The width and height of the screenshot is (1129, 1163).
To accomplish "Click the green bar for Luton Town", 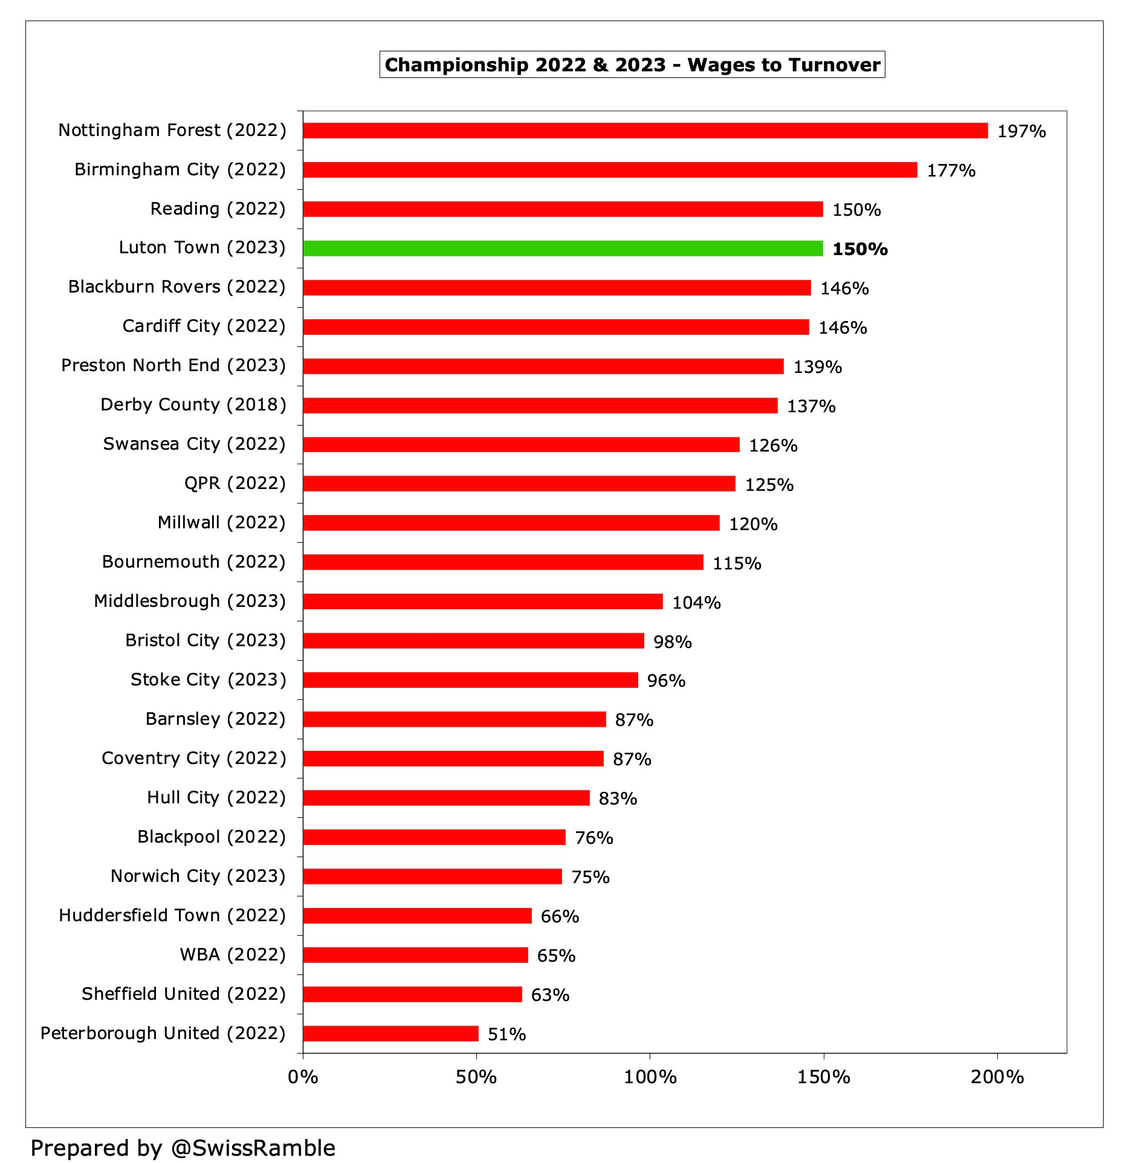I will tap(562, 248).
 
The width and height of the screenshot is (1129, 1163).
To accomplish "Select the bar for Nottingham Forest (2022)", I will tap(645, 131).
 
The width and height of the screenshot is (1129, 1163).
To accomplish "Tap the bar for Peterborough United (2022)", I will tap(390, 1034).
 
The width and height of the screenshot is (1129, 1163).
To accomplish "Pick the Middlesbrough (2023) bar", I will tap(482, 601).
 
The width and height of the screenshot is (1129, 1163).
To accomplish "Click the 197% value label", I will tap(1021, 131).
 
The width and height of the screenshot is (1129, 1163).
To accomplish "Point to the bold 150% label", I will tap(859, 249).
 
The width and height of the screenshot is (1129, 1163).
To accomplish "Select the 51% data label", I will tap(506, 1034).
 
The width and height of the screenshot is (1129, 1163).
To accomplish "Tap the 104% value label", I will tap(696, 603).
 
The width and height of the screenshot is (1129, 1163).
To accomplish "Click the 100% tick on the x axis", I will tap(650, 1077).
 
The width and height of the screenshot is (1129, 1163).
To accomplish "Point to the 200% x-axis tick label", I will tap(997, 1077).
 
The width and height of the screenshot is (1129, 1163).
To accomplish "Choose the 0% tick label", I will tap(303, 1077).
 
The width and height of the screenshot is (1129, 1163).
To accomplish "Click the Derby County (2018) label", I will tap(193, 404).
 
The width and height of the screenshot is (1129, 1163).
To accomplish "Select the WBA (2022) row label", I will tap(233, 954).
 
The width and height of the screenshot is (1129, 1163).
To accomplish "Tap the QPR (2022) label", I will tap(235, 483).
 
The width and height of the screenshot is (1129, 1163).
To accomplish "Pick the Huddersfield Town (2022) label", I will tap(172, 915).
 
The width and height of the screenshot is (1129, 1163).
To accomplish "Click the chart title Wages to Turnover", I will tap(632, 65).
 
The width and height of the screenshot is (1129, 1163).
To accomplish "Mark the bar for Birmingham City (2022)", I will tap(610, 170).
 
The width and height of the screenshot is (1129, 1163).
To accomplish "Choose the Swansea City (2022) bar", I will tap(521, 444).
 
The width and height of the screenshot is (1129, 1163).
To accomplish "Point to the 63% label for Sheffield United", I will tap(550, 995).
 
